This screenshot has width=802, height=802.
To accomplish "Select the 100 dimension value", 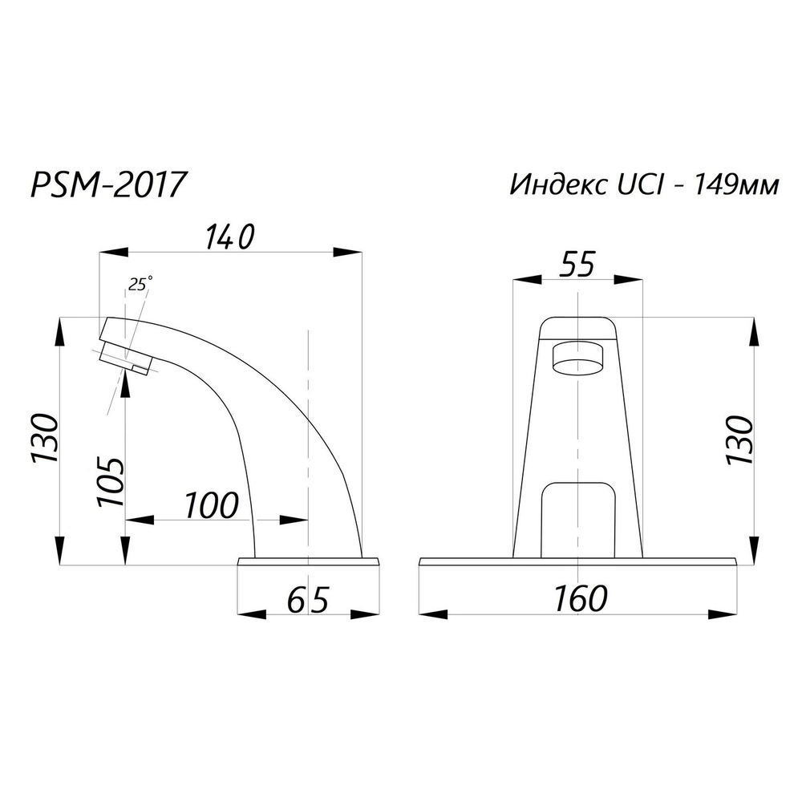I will (212, 506).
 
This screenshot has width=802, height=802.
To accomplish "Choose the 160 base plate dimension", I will (580, 598).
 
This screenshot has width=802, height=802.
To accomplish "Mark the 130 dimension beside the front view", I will (739, 440).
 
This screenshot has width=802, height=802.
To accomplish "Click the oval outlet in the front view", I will (577, 358).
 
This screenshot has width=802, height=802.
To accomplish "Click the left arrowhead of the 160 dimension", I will (433, 614).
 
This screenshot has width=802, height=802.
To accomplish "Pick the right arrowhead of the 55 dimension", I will (630, 279).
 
